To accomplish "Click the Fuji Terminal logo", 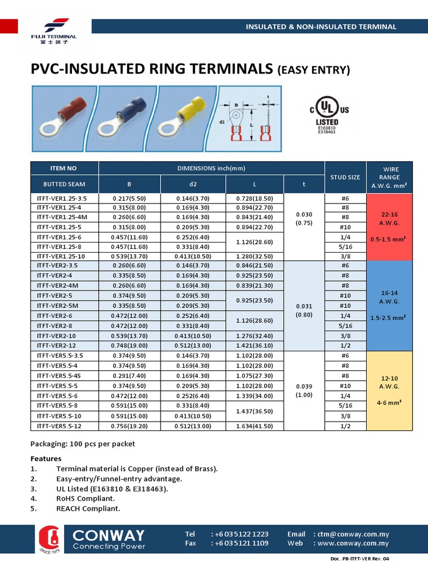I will pyautogui.click(x=54, y=30).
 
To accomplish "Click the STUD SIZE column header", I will pyautogui.click(x=345, y=177).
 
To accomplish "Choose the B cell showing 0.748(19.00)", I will pyautogui.click(x=129, y=345).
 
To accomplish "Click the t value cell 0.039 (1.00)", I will pyautogui.click(x=304, y=391).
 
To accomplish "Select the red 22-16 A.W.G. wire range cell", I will pyautogui.click(x=389, y=226).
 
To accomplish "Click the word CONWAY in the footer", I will pyautogui.click(x=109, y=535).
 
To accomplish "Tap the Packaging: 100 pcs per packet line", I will pyautogui.click(x=82, y=444).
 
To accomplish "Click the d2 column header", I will pyautogui.click(x=193, y=184).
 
